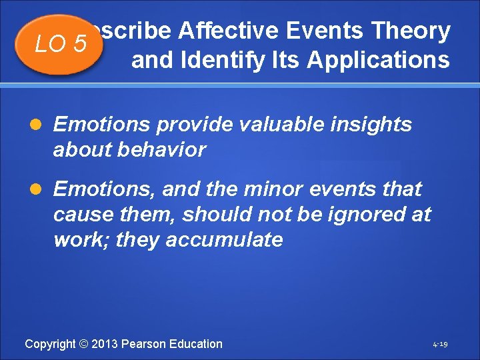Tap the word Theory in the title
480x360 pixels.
(x=411, y=31)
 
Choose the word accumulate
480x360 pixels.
(x=224, y=240)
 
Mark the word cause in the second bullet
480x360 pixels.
(x=78, y=215)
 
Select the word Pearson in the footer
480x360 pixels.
(x=146, y=344)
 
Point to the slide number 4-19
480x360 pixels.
(x=439, y=345)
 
